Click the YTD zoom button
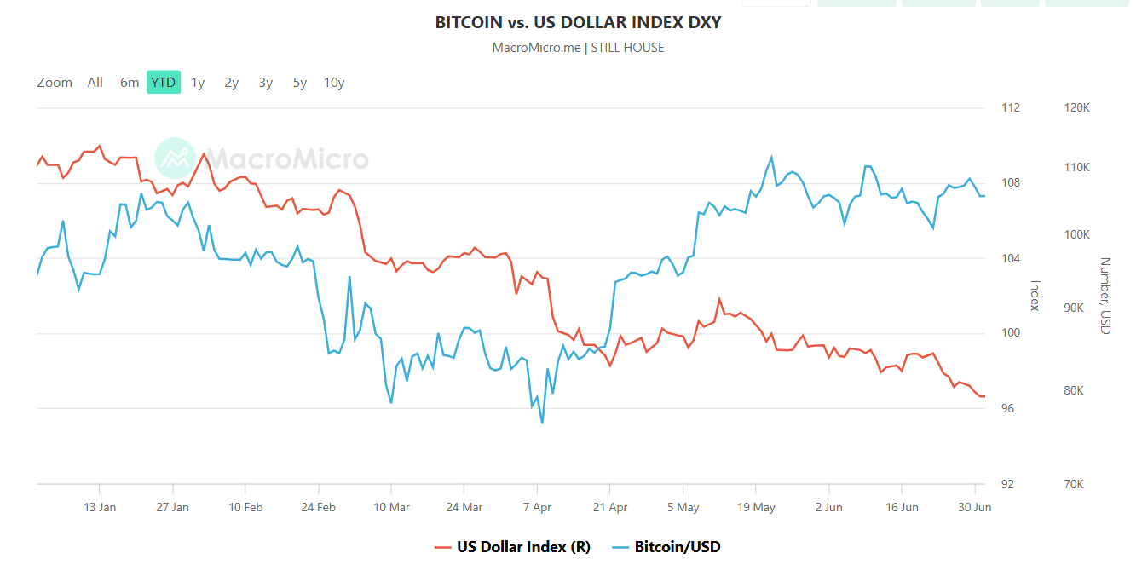164,83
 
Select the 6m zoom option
130,83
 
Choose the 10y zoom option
334,83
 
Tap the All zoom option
95,83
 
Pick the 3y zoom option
266,83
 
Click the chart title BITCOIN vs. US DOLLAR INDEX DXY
578,22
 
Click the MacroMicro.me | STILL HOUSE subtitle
578,48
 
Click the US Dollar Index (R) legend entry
512,547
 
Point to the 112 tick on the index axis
1011,108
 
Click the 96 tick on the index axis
1007,409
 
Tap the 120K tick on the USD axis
1077,108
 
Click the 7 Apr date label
537,507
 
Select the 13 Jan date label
100,507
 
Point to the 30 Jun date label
975,507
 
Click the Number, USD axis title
1105,296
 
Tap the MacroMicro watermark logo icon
175,158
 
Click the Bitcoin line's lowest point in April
542,423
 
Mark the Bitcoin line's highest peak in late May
772,157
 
